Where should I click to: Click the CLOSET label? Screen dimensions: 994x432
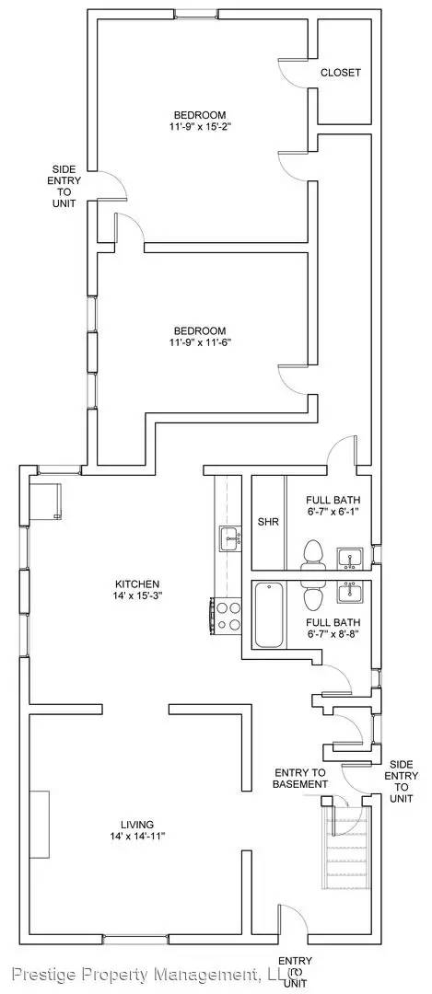point(340,72)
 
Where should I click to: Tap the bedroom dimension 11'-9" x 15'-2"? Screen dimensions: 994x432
point(199,126)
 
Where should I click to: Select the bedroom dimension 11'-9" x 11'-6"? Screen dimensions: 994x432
point(199,343)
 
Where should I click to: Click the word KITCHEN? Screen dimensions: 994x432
point(138,584)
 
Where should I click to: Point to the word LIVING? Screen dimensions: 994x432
point(136,824)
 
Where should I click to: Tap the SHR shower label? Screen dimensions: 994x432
point(268,522)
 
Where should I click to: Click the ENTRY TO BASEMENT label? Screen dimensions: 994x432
point(300,778)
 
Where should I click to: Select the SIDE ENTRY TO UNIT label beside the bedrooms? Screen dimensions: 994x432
point(64,185)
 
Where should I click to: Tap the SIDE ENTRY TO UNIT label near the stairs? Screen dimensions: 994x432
point(402,780)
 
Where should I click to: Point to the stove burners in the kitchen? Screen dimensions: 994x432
point(227,616)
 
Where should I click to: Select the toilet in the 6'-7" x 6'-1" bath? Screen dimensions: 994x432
point(313,555)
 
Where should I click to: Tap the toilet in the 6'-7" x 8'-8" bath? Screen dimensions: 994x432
point(313,597)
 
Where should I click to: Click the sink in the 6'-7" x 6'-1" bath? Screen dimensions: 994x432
point(349,556)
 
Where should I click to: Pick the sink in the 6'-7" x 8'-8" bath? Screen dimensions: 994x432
point(349,592)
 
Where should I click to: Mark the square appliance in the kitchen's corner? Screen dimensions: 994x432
point(46,499)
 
